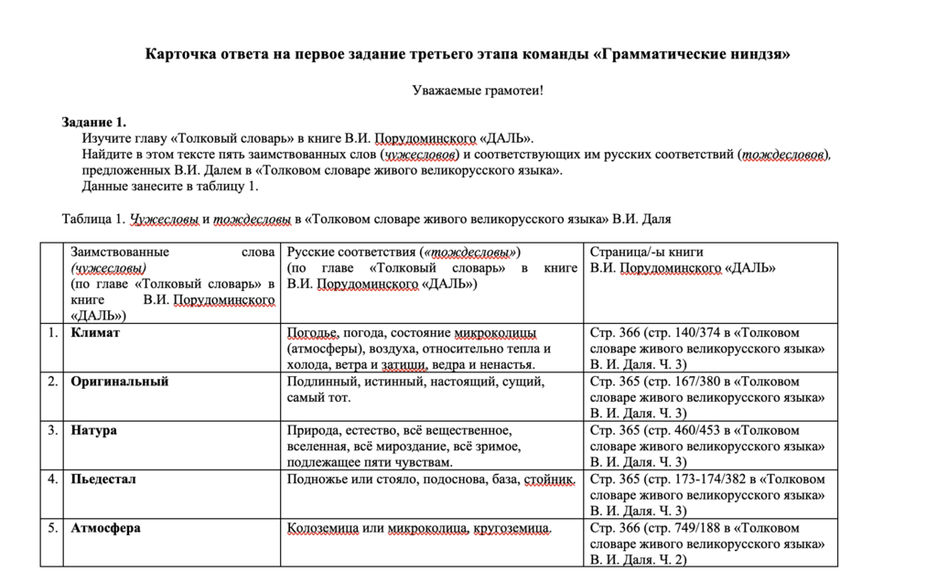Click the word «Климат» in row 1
[95, 333]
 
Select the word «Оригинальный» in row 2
[120, 382]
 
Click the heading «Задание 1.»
[94, 123]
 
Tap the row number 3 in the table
[53, 430]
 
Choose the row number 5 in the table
[53, 528]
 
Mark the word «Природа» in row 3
[313, 430]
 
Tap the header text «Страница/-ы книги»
[647, 252]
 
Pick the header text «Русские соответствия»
[351, 252]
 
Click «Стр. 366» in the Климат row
[615, 333]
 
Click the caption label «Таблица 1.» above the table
[92, 220]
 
